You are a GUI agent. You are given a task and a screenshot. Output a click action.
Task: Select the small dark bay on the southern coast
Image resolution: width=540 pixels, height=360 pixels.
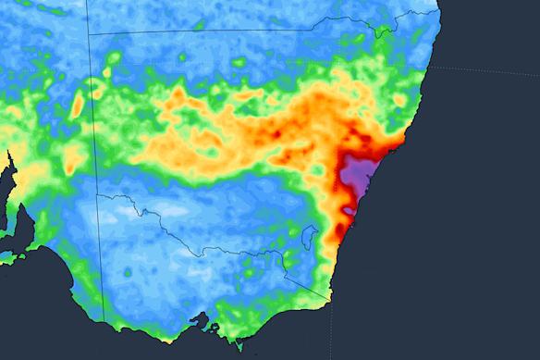pyautogui.click(x=200, y=321)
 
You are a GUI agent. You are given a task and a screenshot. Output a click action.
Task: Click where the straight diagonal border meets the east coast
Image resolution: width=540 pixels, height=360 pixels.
pyautogui.click(x=331, y=298)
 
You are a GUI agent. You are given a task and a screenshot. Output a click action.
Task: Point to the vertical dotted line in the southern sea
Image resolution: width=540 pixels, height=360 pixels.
pyautogui.click(x=332, y=329)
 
